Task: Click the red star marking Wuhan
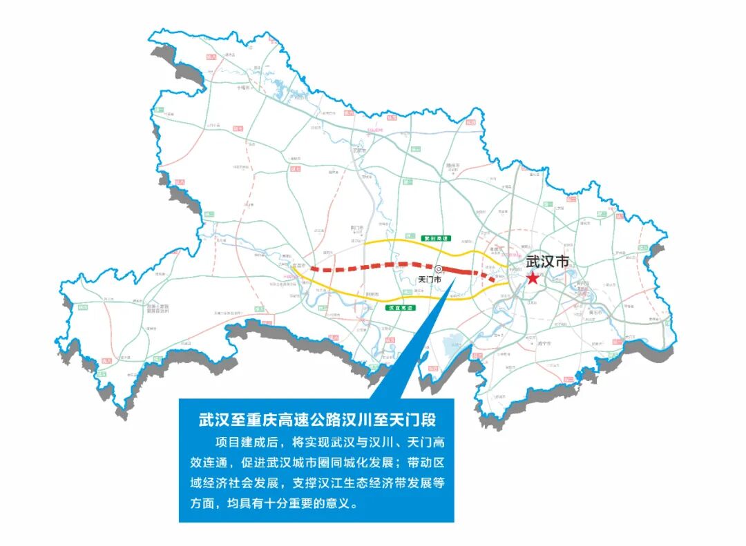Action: [x=533, y=277]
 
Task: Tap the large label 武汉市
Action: [x=548, y=262]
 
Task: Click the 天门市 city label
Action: [x=431, y=280]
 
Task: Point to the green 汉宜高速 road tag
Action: [x=399, y=307]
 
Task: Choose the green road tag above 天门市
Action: [x=437, y=237]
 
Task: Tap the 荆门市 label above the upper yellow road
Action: [x=357, y=227]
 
